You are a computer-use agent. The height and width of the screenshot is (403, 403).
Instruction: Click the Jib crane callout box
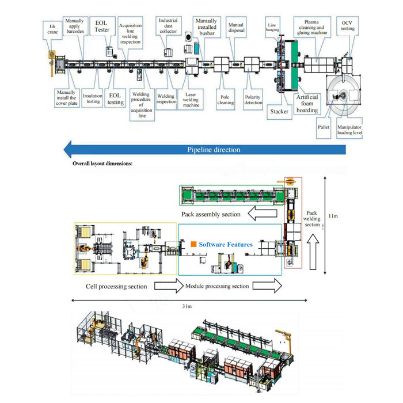pos(52,29)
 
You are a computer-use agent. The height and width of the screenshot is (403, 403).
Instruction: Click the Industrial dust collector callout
pos(168,25)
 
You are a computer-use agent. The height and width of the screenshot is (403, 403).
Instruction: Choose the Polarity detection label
pos(253,100)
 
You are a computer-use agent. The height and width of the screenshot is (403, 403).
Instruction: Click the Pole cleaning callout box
pos(226,100)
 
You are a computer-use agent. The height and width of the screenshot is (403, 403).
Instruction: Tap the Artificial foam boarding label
pos(307,104)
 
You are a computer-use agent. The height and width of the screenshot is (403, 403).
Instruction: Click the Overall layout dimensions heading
pos(102,164)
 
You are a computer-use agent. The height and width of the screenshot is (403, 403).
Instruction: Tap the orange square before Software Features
pos(194,245)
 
